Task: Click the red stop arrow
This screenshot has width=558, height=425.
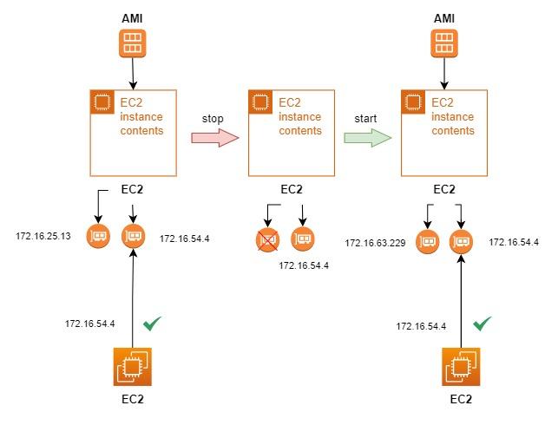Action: coord(214,137)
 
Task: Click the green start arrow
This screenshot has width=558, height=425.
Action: coord(367,137)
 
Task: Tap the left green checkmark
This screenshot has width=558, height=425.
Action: coord(153,324)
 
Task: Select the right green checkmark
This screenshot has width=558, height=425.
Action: coord(483,325)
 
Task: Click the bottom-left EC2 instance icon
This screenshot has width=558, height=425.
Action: coord(133,367)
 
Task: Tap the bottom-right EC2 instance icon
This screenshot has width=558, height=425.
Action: coord(461,367)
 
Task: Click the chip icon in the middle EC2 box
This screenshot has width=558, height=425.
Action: coord(259,101)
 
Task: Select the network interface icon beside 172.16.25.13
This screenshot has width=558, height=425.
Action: coord(98,236)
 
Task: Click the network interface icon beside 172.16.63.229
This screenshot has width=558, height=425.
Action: coord(426,242)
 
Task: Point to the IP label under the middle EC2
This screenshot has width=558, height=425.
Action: coord(305,265)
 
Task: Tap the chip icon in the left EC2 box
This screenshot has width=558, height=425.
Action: coord(102,101)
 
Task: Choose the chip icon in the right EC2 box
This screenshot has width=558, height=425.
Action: coord(414,101)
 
